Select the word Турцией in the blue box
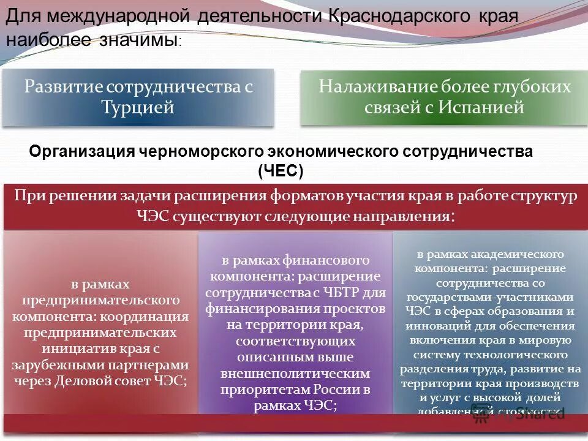pos(138,107)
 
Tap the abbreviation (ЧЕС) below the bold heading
pos(281,171)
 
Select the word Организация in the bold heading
pos(83,151)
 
